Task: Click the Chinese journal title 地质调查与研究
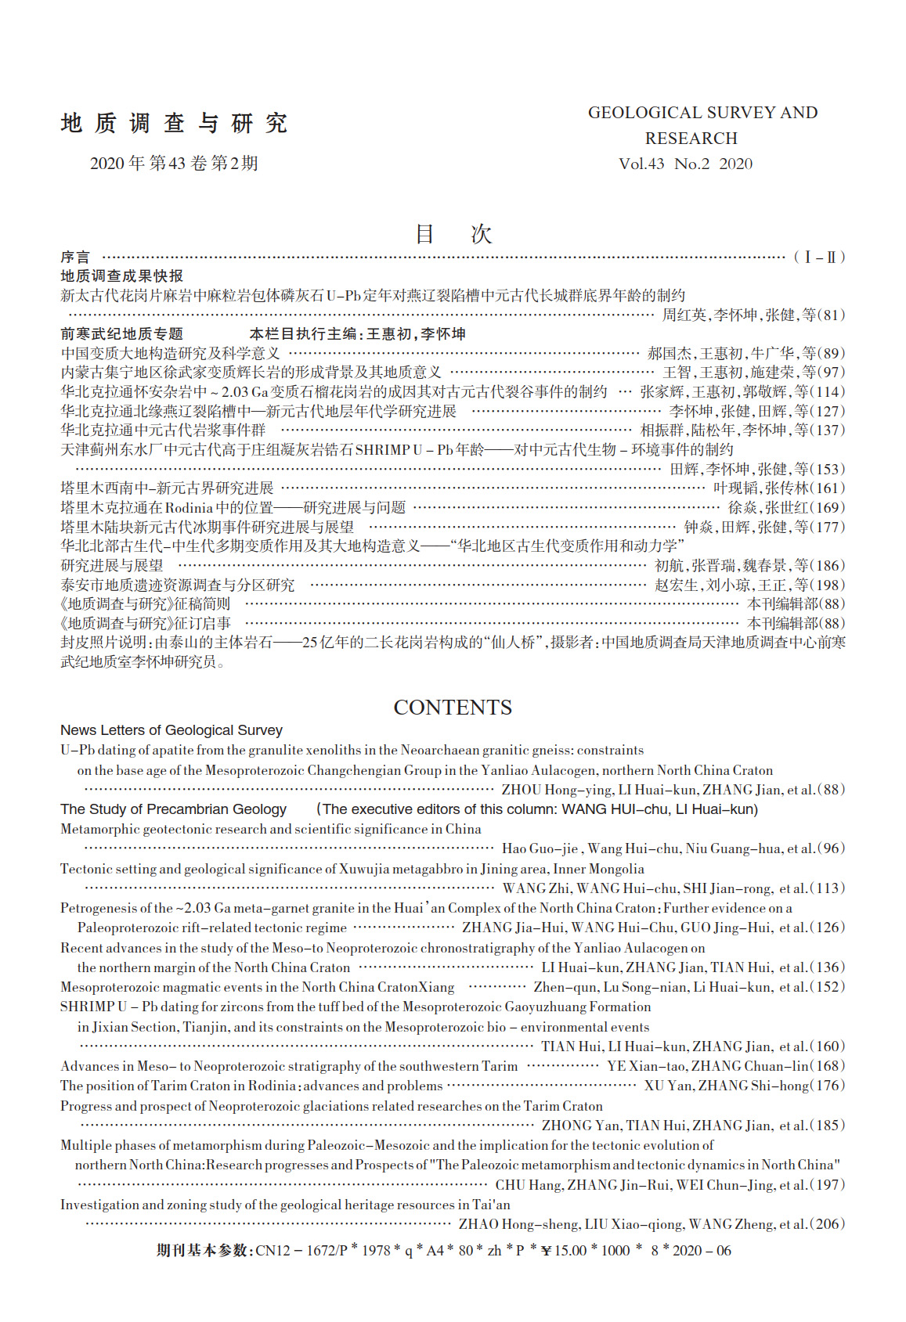click(x=174, y=123)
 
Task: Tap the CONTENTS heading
click(x=453, y=708)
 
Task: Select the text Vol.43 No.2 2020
click(x=685, y=164)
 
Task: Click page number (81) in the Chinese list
click(x=831, y=315)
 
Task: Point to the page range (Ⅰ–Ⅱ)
click(x=819, y=258)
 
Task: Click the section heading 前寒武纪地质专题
click(x=122, y=334)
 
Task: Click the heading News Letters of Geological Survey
click(x=171, y=730)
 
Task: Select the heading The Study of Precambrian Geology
click(x=173, y=809)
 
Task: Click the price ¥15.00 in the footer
click(x=564, y=1251)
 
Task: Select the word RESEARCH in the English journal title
click(x=691, y=139)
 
